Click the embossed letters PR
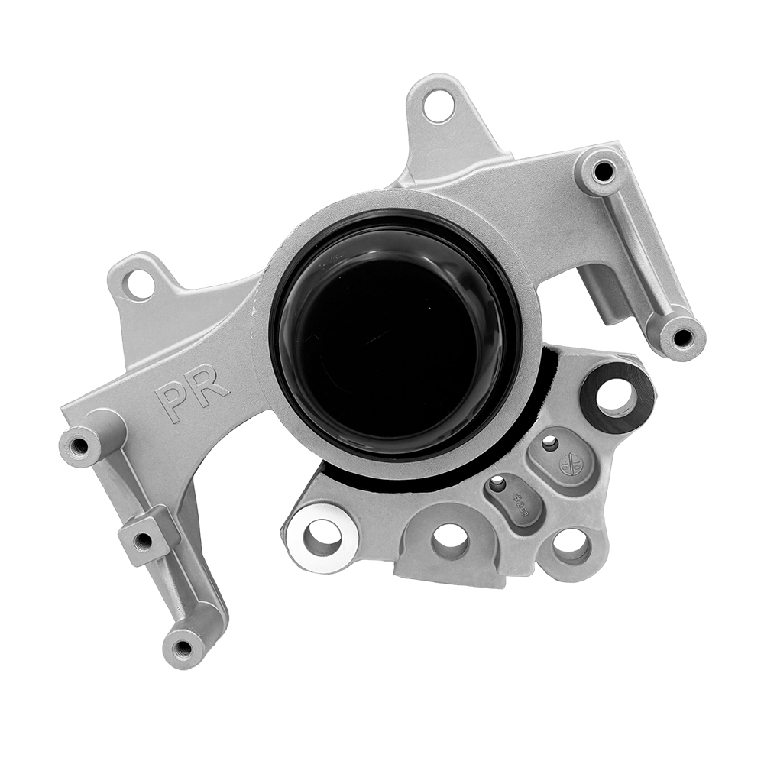pyautogui.click(x=192, y=393)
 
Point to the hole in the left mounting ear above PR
pyautogui.click(x=139, y=284)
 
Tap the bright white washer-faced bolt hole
pyautogui.click(x=323, y=536)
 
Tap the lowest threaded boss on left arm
pyautogui.click(x=183, y=649)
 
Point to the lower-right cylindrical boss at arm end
pyautogui.click(x=679, y=337)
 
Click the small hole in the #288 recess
pyautogui.click(x=497, y=483)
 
